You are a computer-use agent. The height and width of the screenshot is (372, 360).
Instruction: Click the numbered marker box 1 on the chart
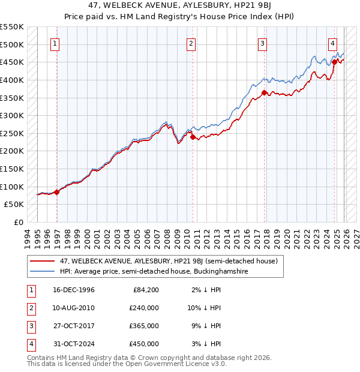click(55, 43)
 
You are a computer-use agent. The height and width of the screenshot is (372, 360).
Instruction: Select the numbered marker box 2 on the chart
click(191, 43)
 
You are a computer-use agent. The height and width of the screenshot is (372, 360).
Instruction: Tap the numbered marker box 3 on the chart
click(263, 43)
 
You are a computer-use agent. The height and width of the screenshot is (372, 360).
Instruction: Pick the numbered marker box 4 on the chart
click(332, 43)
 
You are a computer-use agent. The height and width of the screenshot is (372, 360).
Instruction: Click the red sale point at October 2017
click(265, 92)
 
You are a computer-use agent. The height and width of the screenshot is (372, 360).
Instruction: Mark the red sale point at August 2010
click(193, 137)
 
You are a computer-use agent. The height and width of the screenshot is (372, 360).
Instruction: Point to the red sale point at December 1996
click(57, 192)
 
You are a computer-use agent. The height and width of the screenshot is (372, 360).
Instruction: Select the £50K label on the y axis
click(14, 204)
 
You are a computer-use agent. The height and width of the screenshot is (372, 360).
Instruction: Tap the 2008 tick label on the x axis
click(167, 238)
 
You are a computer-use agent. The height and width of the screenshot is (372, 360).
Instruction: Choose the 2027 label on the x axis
click(356, 238)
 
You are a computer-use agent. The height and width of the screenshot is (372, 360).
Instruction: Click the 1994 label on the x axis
click(28, 238)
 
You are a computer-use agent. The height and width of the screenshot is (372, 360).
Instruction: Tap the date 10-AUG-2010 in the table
click(74, 308)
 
